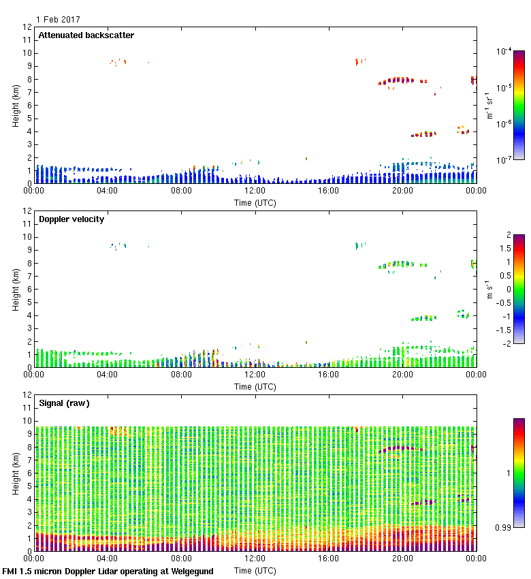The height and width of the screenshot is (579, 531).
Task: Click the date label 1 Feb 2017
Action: pyautogui.click(x=58, y=19)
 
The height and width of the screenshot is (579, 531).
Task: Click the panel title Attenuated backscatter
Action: pyautogui.click(x=86, y=35)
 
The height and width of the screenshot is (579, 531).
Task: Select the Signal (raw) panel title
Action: pyautogui.click(x=64, y=403)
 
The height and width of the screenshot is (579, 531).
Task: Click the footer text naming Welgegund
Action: pyautogui.click(x=108, y=572)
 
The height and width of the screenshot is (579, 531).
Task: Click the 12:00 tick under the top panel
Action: pyautogui.click(x=255, y=191)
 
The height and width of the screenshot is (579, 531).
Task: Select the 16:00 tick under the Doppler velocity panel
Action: pyautogui.click(x=329, y=375)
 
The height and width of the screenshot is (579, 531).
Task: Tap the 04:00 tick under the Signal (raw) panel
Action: pyautogui.click(x=108, y=559)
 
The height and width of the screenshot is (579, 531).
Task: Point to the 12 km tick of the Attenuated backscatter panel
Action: pyautogui.click(x=28, y=28)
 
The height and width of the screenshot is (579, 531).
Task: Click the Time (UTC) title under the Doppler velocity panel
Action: pyautogui.click(x=255, y=386)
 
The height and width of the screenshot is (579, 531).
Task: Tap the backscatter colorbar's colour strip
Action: pyautogui.click(x=519, y=106)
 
